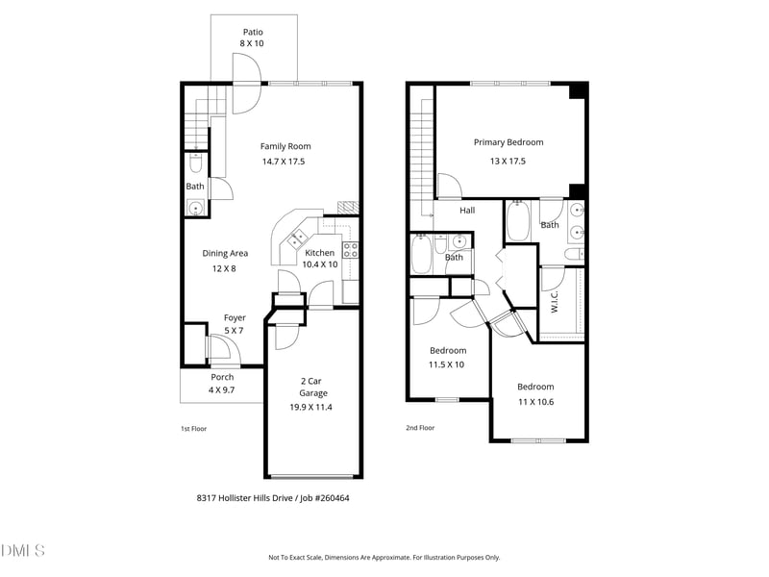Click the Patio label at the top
[x=252, y=32]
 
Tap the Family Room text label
[x=285, y=146]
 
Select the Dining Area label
[x=225, y=253]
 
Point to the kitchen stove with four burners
[x=351, y=251]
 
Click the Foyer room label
[x=235, y=317]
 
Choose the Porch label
[x=222, y=377]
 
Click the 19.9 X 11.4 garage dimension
[x=312, y=407]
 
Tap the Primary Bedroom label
[x=508, y=142]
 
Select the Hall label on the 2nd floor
[x=467, y=211]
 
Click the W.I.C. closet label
[x=555, y=303]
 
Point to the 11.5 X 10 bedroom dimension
[x=446, y=364]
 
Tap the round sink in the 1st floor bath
[x=195, y=207]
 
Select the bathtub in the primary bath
[x=517, y=222]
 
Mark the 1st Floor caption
[x=193, y=428]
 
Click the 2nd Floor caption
[x=419, y=428]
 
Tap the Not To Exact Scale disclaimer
[x=384, y=557]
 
